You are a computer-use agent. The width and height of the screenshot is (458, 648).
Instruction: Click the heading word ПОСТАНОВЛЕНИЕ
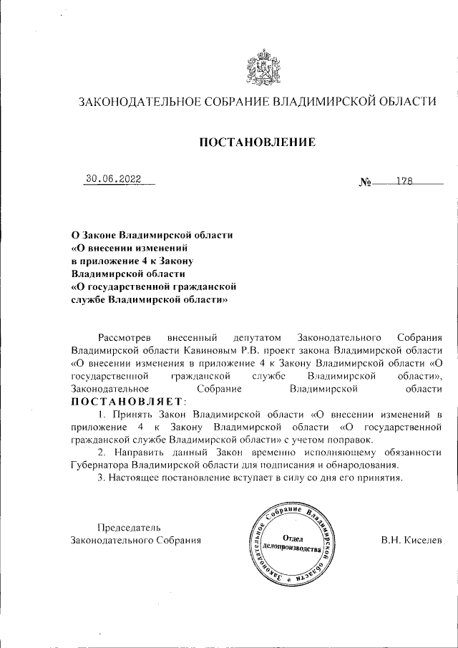pos(256,142)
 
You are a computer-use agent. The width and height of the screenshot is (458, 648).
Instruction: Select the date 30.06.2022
pos(114,180)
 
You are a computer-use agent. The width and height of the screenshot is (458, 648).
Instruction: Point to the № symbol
pos(364,182)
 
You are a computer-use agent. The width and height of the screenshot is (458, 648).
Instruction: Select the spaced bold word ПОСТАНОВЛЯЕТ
pos(127,402)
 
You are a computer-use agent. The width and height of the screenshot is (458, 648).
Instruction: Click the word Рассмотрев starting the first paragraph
pos(125,337)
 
